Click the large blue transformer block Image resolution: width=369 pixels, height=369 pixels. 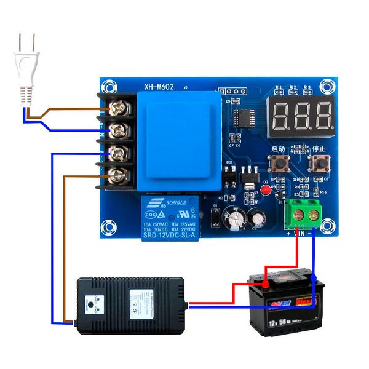[x=178, y=143]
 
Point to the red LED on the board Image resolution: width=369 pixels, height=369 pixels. [x=266, y=189]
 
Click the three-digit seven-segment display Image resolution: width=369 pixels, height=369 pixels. [x=301, y=113]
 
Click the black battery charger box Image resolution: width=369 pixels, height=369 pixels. [x=129, y=304]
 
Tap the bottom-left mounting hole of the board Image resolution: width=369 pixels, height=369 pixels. [x=109, y=227]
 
